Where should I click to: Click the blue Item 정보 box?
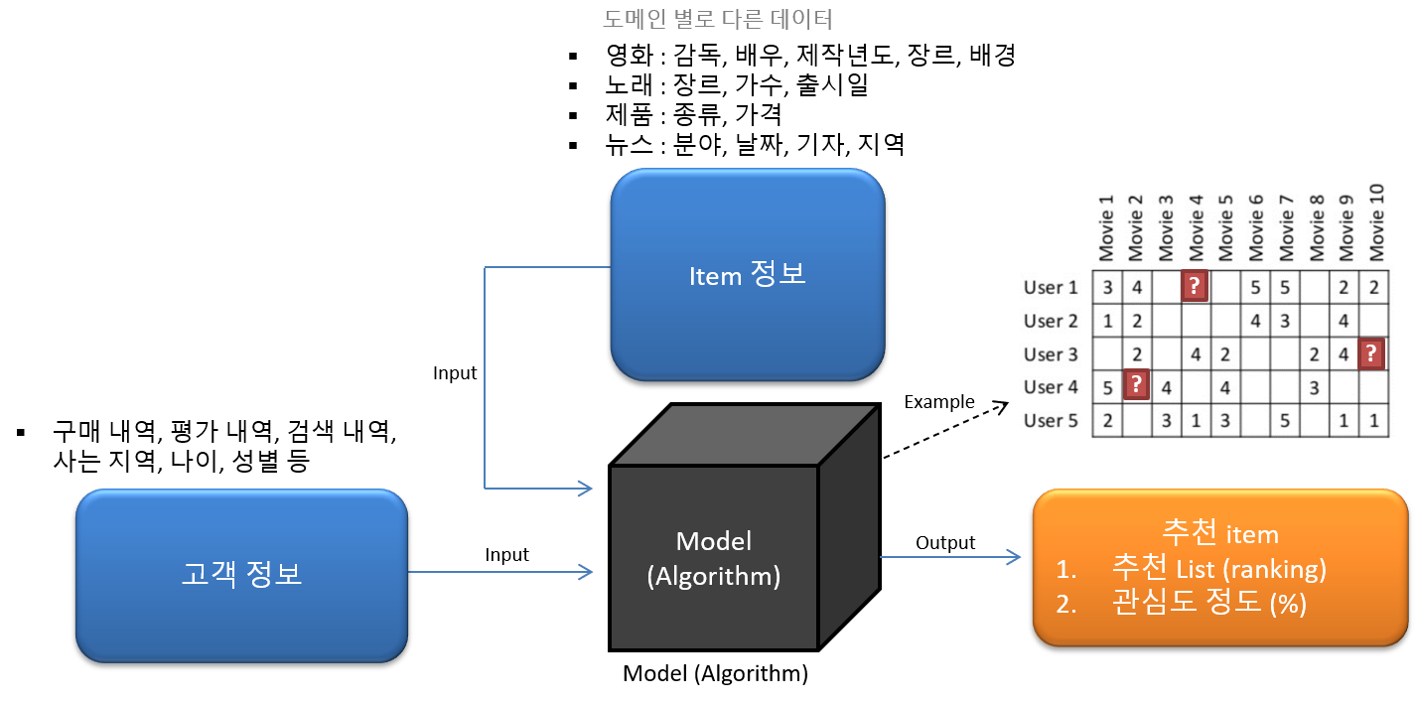tap(747, 275)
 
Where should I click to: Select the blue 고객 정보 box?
tap(241, 574)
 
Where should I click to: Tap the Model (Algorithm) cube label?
tap(713, 558)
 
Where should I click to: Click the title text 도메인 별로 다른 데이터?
tap(717, 19)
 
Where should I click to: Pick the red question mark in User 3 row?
tap(1372, 353)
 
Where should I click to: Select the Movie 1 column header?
tap(1107, 227)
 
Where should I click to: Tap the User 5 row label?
tap(1051, 420)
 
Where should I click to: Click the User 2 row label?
tap(1051, 321)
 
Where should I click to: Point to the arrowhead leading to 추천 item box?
tap(1015, 557)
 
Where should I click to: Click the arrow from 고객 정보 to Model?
tap(496, 571)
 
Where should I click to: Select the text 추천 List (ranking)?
tap(1219, 570)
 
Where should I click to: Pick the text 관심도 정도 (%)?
tap(1208, 603)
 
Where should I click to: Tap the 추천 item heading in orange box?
tap(1219, 534)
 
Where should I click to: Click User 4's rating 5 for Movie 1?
tap(1107, 387)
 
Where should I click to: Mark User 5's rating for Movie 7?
tap(1285, 420)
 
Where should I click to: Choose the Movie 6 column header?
tap(1256, 227)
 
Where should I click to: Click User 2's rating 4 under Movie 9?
tap(1344, 321)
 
